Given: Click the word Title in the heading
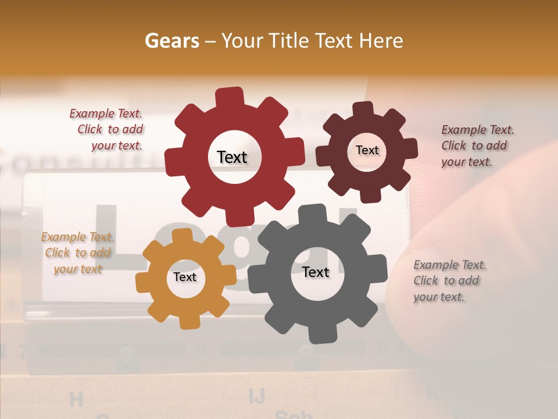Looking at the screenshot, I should tap(287, 41).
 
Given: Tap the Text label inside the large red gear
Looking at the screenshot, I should tap(232, 157).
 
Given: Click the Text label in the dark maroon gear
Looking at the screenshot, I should tap(367, 150).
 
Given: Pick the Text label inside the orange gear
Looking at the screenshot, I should tap(185, 277).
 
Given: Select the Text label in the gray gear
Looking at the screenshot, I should tap(316, 272).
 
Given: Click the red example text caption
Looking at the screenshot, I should tap(108, 130).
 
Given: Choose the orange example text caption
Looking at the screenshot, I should tap(78, 253).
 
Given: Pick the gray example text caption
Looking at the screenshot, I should tap(449, 280).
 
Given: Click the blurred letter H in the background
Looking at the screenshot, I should tap(76, 399).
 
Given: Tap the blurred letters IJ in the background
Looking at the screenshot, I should tap(256, 396).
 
